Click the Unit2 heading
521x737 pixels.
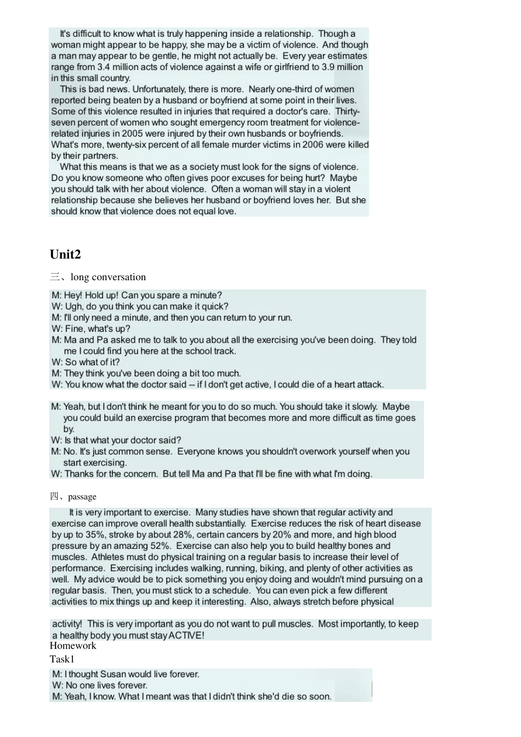click(65, 254)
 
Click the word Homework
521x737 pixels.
click(73, 646)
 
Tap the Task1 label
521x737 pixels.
click(62, 659)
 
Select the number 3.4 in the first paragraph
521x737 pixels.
click(103, 67)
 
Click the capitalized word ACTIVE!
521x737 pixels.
click(186, 636)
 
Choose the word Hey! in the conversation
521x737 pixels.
click(73, 296)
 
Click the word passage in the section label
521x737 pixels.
click(82, 497)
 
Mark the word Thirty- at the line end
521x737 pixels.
click(347, 111)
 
